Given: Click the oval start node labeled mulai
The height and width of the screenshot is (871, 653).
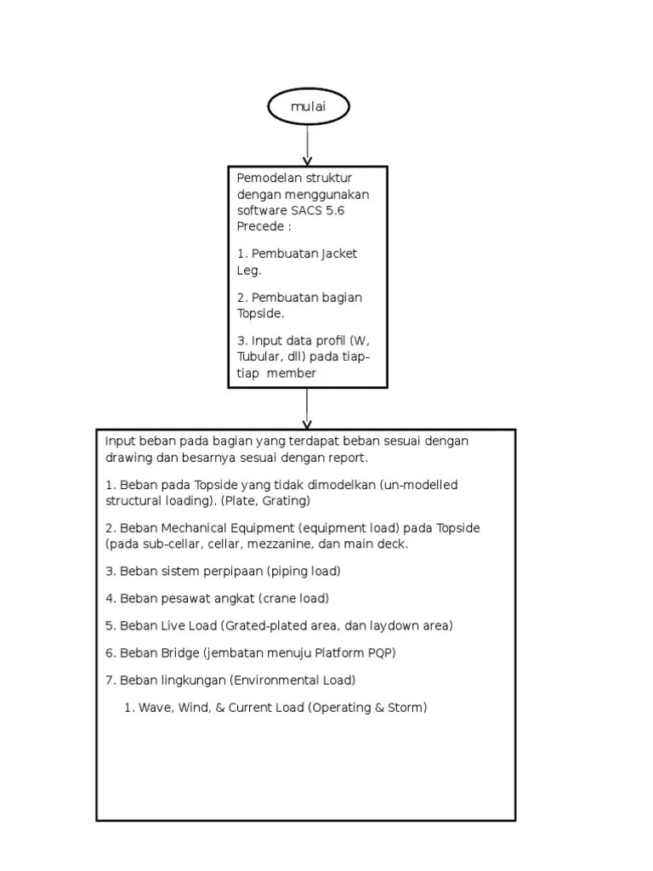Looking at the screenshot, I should point(308,106).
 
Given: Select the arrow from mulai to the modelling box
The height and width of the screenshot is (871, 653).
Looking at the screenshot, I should point(308,145).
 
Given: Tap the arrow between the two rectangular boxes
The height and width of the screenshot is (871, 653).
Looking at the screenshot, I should point(307,408).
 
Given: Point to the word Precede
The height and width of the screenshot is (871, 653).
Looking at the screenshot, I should point(258,226).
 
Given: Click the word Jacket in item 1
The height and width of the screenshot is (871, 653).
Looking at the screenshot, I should point(338,253).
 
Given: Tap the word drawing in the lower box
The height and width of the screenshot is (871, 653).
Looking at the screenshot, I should point(128,458).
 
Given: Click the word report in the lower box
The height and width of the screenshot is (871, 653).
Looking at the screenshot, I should point(346,458).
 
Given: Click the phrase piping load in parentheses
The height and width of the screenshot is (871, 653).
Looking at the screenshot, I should point(301,571).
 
